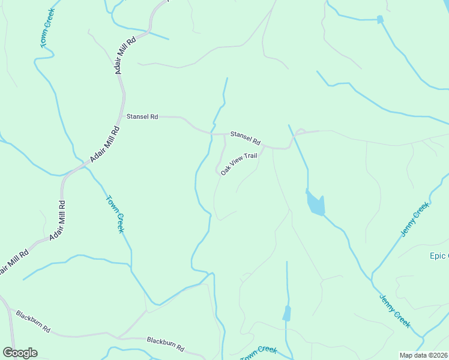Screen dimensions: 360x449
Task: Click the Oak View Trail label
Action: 238,164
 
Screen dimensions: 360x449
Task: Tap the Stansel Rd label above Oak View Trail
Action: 246,138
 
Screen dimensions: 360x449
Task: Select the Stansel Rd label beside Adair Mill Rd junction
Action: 142,117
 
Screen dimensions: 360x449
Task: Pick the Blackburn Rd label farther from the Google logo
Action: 165,344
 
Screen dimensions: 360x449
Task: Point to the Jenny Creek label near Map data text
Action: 395,311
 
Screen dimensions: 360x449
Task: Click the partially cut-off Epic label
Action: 438,256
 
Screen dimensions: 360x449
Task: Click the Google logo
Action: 20,353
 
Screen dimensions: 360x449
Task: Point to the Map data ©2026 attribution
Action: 423,355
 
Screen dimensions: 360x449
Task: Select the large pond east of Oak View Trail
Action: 315,203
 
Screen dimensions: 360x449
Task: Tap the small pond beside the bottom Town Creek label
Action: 287,313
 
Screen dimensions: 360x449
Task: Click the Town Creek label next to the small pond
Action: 259,353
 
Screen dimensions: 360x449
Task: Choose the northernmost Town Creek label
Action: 47,28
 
